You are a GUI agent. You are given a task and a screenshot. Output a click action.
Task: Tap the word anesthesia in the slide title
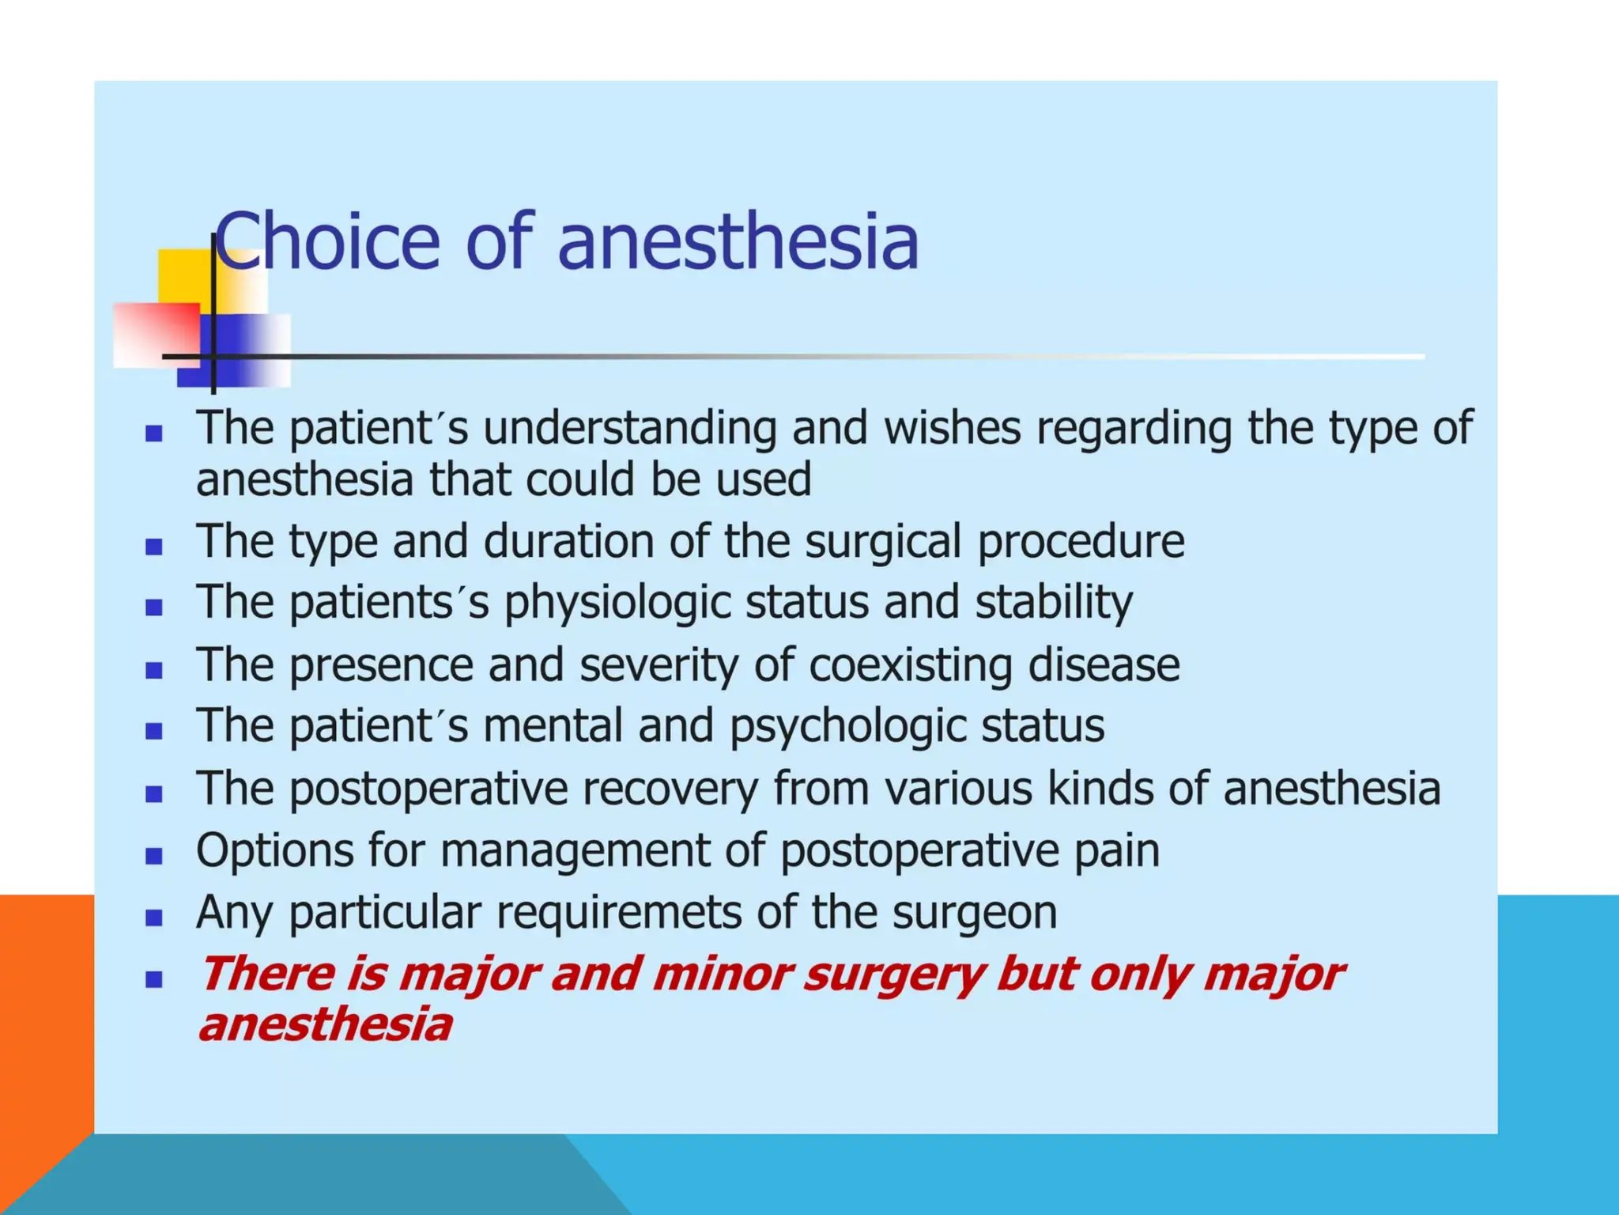738,240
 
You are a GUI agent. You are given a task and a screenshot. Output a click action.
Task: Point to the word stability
1054,604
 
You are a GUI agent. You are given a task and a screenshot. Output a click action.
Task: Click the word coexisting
910,665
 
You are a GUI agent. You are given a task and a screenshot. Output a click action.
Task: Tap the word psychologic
847,727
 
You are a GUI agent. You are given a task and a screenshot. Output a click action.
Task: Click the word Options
273,851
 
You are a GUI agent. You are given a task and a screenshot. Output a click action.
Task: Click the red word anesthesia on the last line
325,1025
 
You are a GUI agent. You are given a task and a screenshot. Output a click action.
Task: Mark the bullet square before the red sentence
154,980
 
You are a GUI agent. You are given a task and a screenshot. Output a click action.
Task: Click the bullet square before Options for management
154,856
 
